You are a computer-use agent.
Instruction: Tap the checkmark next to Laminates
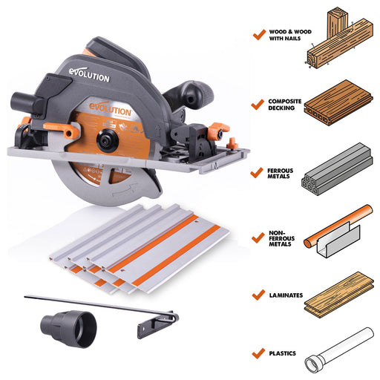[258, 295]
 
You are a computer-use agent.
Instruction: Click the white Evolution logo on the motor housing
[89, 75]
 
